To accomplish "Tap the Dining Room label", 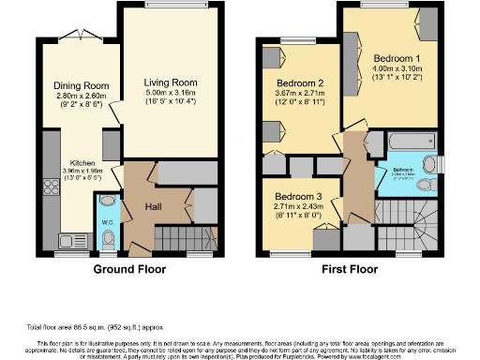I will point(75,82).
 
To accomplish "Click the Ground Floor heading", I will point(131,269).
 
